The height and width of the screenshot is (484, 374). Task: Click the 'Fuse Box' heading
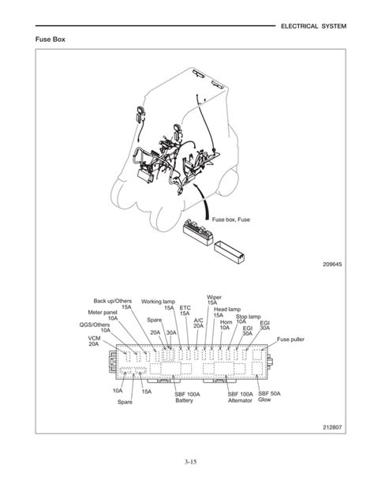click(50, 39)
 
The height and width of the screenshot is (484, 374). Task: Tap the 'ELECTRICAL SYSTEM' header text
click(313, 26)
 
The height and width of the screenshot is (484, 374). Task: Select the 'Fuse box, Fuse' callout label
click(231, 219)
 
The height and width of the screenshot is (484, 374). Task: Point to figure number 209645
click(332, 265)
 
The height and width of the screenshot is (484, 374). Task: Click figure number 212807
click(332, 427)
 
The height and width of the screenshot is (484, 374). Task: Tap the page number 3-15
click(191, 462)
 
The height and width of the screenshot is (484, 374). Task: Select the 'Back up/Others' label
click(113, 301)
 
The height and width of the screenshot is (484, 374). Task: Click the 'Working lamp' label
click(158, 302)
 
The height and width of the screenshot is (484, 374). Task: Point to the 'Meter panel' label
click(103, 313)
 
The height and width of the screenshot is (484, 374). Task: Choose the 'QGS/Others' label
click(95, 325)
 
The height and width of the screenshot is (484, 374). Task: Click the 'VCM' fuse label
click(94, 338)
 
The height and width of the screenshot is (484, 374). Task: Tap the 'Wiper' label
click(214, 297)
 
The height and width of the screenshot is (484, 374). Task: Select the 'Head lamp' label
click(227, 309)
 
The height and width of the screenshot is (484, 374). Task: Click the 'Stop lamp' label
click(248, 317)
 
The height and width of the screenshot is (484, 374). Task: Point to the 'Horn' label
click(226, 322)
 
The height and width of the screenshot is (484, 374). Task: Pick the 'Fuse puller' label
click(290, 340)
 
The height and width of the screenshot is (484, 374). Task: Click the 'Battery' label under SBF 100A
click(184, 400)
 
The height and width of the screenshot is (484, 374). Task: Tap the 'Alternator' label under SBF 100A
click(240, 400)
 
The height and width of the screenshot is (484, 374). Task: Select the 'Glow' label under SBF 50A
click(264, 400)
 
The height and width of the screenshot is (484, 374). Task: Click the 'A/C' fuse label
click(198, 321)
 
